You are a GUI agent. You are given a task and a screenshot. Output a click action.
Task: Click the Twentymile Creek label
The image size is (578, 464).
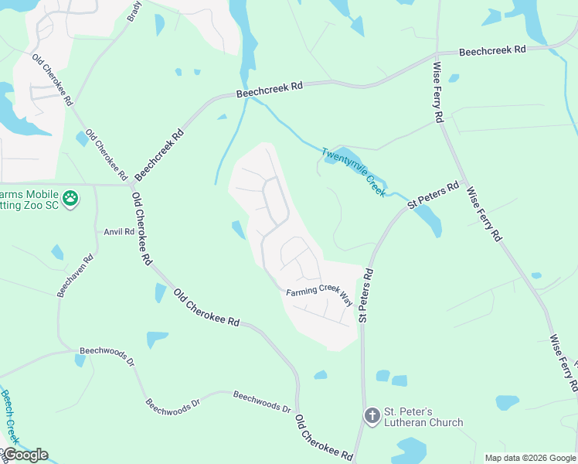(x=353, y=172)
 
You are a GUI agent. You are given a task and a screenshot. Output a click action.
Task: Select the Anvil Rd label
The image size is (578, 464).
(x=119, y=231)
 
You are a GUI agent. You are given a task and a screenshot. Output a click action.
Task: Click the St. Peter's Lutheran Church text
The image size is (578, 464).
(x=415, y=417)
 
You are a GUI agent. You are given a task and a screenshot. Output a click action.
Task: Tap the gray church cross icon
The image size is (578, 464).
(x=372, y=416)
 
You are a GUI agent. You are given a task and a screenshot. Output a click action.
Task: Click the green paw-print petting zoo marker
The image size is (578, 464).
(x=71, y=199)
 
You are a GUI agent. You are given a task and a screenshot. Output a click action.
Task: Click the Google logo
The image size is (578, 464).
(x=25, y=455)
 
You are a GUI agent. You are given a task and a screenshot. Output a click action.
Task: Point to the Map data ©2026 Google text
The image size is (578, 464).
(x=529, y=458)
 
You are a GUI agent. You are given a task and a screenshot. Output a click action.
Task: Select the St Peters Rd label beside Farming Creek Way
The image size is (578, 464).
(x=365, y=295)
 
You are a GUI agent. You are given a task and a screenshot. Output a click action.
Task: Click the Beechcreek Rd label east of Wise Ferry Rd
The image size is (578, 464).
(x=491, y=50)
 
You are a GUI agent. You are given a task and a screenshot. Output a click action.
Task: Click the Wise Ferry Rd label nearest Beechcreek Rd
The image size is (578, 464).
(x=437, y=93)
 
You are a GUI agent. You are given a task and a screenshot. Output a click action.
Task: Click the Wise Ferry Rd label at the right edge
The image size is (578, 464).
(x=563, y=364)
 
